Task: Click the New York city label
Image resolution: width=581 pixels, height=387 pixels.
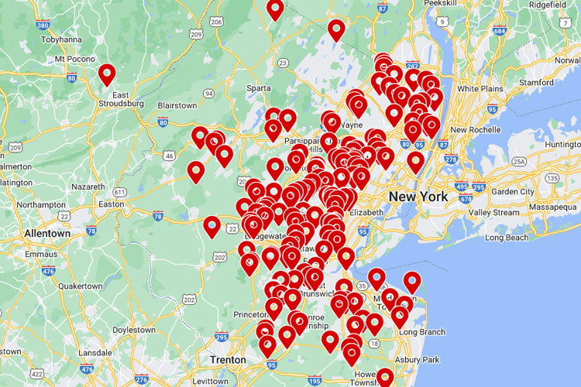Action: pyautogui.click(x=418, y=197)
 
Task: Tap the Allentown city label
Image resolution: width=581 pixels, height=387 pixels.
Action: pyautogui.click(x=47, y=233)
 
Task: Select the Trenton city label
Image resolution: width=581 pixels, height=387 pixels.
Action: pyautogui.click(x=228, y=360)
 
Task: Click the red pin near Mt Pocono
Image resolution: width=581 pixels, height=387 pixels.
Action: pyautogui.click(x=107, y=74)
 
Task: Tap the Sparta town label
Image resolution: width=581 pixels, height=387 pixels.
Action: pyautogui.click(x=259, y=87)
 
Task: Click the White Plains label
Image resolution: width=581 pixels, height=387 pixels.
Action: pyautogui.click(x=480, y=88)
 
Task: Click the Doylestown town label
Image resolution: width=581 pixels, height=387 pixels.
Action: pyautogui.click(x=134, y=330)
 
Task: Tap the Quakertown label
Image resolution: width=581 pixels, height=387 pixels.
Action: pyautogui.click(x=81, y=286)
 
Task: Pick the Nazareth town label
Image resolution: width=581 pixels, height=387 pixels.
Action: pyautogui.click(x=87, y=187)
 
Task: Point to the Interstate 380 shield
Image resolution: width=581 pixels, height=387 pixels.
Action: pyautogui.click(x=43, y=25)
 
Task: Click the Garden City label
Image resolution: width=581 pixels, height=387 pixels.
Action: pyautogui.click(x=512, y=191)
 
